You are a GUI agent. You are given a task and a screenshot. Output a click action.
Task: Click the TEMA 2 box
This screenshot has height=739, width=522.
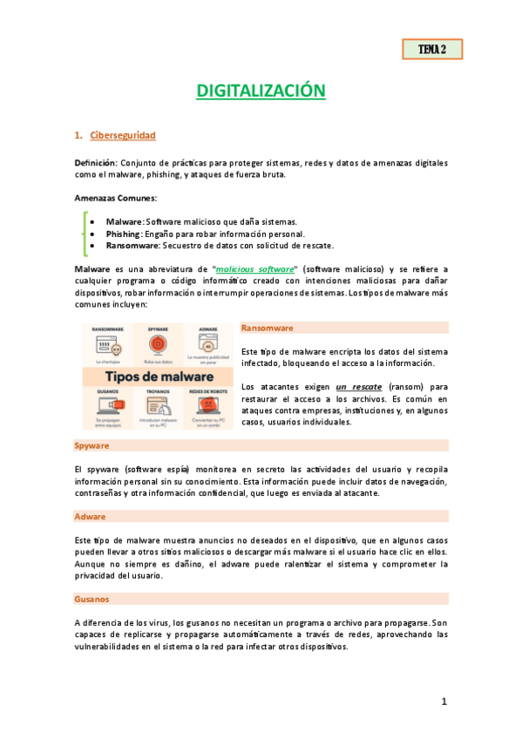pyautogui.click(x=431, y=50)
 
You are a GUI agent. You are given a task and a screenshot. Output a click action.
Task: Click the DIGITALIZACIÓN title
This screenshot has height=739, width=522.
pyautogui.click(x=261, y=91)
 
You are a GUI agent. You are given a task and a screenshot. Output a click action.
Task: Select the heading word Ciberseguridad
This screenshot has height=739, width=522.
pyautogui.click(x=123, y=135)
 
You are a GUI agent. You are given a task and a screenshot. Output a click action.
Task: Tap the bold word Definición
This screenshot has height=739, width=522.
pyautogui.click(x=95, y=163)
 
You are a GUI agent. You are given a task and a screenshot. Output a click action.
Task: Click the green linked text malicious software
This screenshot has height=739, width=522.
pyautogui.click(x=256, y=270)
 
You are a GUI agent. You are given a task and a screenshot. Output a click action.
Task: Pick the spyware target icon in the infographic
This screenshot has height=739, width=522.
pyautogui.click(x=159, y=345)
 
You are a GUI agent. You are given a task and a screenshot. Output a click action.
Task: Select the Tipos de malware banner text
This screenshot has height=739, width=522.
pyautogui.click(x=159, y=376)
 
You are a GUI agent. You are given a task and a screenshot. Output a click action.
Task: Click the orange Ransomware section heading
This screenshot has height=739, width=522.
pyautogui.click(x=268, y=328)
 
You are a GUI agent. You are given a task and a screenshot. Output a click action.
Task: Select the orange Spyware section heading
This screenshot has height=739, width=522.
pyautogui.click(x=91, y=445)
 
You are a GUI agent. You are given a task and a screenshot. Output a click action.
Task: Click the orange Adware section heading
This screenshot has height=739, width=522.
pyautogui.click(x=90, y=516)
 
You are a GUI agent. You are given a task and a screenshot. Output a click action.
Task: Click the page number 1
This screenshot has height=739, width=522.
pyautogui.click(x=444, y=702)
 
